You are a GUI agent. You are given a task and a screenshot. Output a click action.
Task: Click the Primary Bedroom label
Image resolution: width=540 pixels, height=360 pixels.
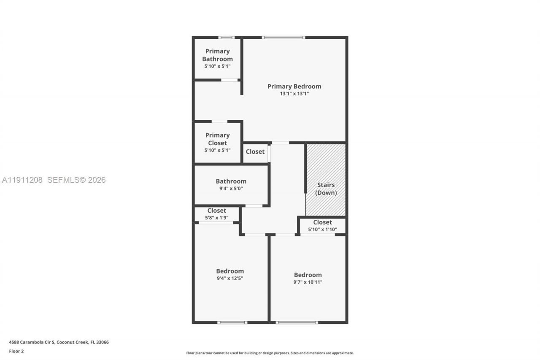coord(294,86)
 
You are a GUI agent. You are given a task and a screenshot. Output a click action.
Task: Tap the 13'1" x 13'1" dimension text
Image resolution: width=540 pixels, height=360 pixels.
coord(294,94)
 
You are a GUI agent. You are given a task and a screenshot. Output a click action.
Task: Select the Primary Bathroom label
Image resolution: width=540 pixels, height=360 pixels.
coord(217,55)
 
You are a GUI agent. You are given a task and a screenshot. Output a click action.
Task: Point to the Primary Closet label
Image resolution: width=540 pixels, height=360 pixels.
coord(217,139)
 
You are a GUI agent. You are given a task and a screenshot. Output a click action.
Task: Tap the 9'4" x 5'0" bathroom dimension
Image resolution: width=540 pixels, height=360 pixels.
coord(231,189)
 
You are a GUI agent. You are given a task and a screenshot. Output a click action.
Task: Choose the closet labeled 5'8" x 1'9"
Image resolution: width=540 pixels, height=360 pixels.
coord(216,214)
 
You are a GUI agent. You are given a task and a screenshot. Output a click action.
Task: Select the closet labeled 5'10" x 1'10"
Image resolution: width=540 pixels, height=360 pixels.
coord(322,225)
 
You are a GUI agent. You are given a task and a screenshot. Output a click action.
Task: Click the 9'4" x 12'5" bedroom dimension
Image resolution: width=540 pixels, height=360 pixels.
coord(230,278)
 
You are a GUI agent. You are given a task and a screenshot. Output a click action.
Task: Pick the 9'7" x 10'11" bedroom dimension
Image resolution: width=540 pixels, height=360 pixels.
coord(308,282)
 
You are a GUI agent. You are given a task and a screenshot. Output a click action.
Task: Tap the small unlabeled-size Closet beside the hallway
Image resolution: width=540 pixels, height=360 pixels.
coord(255,152)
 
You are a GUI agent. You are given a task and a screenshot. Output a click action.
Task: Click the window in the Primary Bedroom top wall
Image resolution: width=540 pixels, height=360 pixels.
coord(283,38)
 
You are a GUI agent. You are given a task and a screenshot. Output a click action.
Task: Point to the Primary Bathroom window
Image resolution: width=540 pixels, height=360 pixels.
coord(226,38)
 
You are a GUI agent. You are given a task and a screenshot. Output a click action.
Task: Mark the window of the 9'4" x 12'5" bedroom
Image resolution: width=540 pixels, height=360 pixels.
coord(232,322)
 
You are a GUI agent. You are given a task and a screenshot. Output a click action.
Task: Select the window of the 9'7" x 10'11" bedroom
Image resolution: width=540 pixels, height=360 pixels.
coord(297,322)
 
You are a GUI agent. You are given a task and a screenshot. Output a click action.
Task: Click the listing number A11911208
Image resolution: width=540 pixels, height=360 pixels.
coord(22,180)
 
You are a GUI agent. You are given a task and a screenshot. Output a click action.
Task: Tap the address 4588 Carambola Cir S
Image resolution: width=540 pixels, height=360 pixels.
coord(32,342)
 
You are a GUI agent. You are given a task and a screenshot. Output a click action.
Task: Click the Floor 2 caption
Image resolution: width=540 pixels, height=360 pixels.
coord(16,351)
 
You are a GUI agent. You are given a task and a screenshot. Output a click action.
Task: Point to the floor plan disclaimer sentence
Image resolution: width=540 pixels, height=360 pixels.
coord(270,353)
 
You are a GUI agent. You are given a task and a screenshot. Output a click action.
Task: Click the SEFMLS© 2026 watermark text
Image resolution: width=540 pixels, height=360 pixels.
coord(76,180)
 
